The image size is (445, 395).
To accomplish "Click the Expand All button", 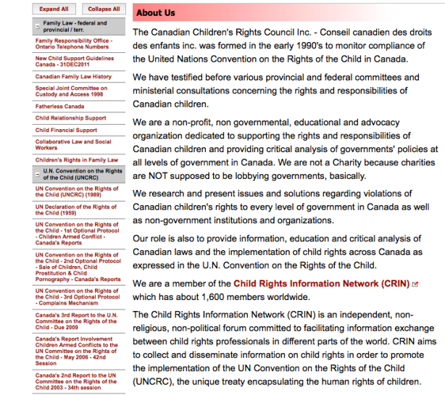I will [x=54, y=9].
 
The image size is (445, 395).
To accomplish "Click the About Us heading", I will [x=156, y=12].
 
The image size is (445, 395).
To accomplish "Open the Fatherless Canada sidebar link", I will [x=59, y=106].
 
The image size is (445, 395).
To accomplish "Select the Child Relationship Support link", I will [x=70, y=118].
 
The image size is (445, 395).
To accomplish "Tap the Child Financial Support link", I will [x=66, y=130].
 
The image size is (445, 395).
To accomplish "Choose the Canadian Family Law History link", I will [x=73, y=76].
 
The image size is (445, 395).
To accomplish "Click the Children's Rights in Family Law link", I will [x=77, y=159].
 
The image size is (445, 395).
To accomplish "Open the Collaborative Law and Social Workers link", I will [x=73, y=145].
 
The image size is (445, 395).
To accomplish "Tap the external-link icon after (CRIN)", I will [x=415, y=284].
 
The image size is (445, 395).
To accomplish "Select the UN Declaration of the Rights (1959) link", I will [x=75, y=209].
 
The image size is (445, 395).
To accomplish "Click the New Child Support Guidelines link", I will [x=74, y=61].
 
